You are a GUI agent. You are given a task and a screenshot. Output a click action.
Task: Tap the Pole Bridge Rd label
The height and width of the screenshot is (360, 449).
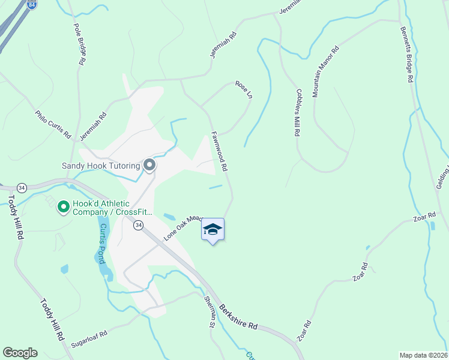coord(79,44)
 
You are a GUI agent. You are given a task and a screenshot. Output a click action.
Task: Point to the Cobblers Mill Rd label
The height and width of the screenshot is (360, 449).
coord(297,113)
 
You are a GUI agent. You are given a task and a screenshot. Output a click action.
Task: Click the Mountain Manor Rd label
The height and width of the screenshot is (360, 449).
coord(326,71)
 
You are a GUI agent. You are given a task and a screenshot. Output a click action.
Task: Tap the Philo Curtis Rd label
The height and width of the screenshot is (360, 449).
coord(53,124)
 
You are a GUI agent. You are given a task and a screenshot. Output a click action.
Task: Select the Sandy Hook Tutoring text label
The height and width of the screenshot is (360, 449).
coord(100,166)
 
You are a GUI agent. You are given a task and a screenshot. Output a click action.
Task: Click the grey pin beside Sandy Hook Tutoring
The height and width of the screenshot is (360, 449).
coord(149,165)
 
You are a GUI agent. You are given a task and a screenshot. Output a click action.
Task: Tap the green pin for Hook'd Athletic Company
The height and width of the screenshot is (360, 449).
coord(62,207)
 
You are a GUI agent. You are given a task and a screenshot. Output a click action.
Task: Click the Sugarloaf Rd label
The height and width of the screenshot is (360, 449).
coord(88,339)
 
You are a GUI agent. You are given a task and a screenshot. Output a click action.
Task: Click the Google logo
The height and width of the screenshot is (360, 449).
coord(20,353)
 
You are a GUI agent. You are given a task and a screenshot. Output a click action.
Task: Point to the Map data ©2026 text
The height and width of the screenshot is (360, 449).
coord(423,355)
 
